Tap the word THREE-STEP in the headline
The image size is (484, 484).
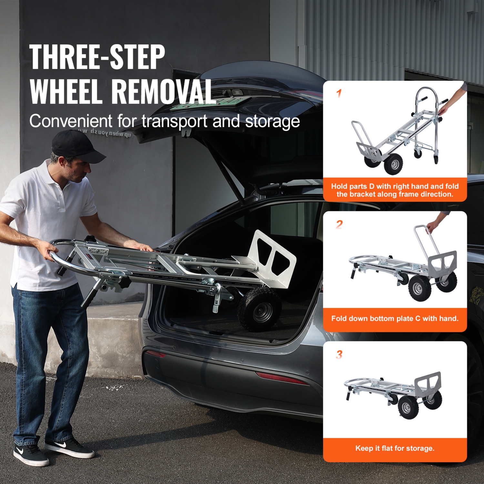click(97, 57)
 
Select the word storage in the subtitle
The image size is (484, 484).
click(273, 122)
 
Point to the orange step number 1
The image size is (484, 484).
click(339, 94)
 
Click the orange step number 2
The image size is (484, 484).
click(339, 224)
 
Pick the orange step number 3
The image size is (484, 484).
click(339, 355)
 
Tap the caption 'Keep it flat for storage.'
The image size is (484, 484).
click(395, 448)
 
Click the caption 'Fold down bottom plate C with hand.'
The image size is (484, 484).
click(395, 318)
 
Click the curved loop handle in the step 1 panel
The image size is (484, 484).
click(426, 94)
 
